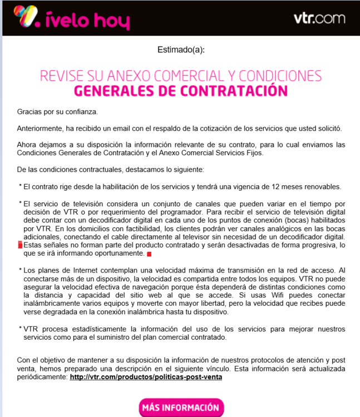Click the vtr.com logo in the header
pyautogui.click(x=319, y=18)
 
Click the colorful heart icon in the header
pyautogui.click(x=26, y=16)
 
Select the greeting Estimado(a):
pyautogui.click(x=181, y=50)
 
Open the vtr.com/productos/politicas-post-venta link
pyautogui.click(x=146, y=377)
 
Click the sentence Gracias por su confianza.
pyautogui.click(x=50, y=112)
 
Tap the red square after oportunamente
pyautogui.click(x=149, y=254)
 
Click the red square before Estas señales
pyautogui.click(x=20, y=245)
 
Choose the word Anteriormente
pyautogui.click(x=41, y=128)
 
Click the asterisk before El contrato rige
pyautogui.click(x=20, y=186)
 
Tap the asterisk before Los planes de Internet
pyautogui.click(x=20, y=269)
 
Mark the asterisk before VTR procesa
pyautogui.click(x=20, y=328)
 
